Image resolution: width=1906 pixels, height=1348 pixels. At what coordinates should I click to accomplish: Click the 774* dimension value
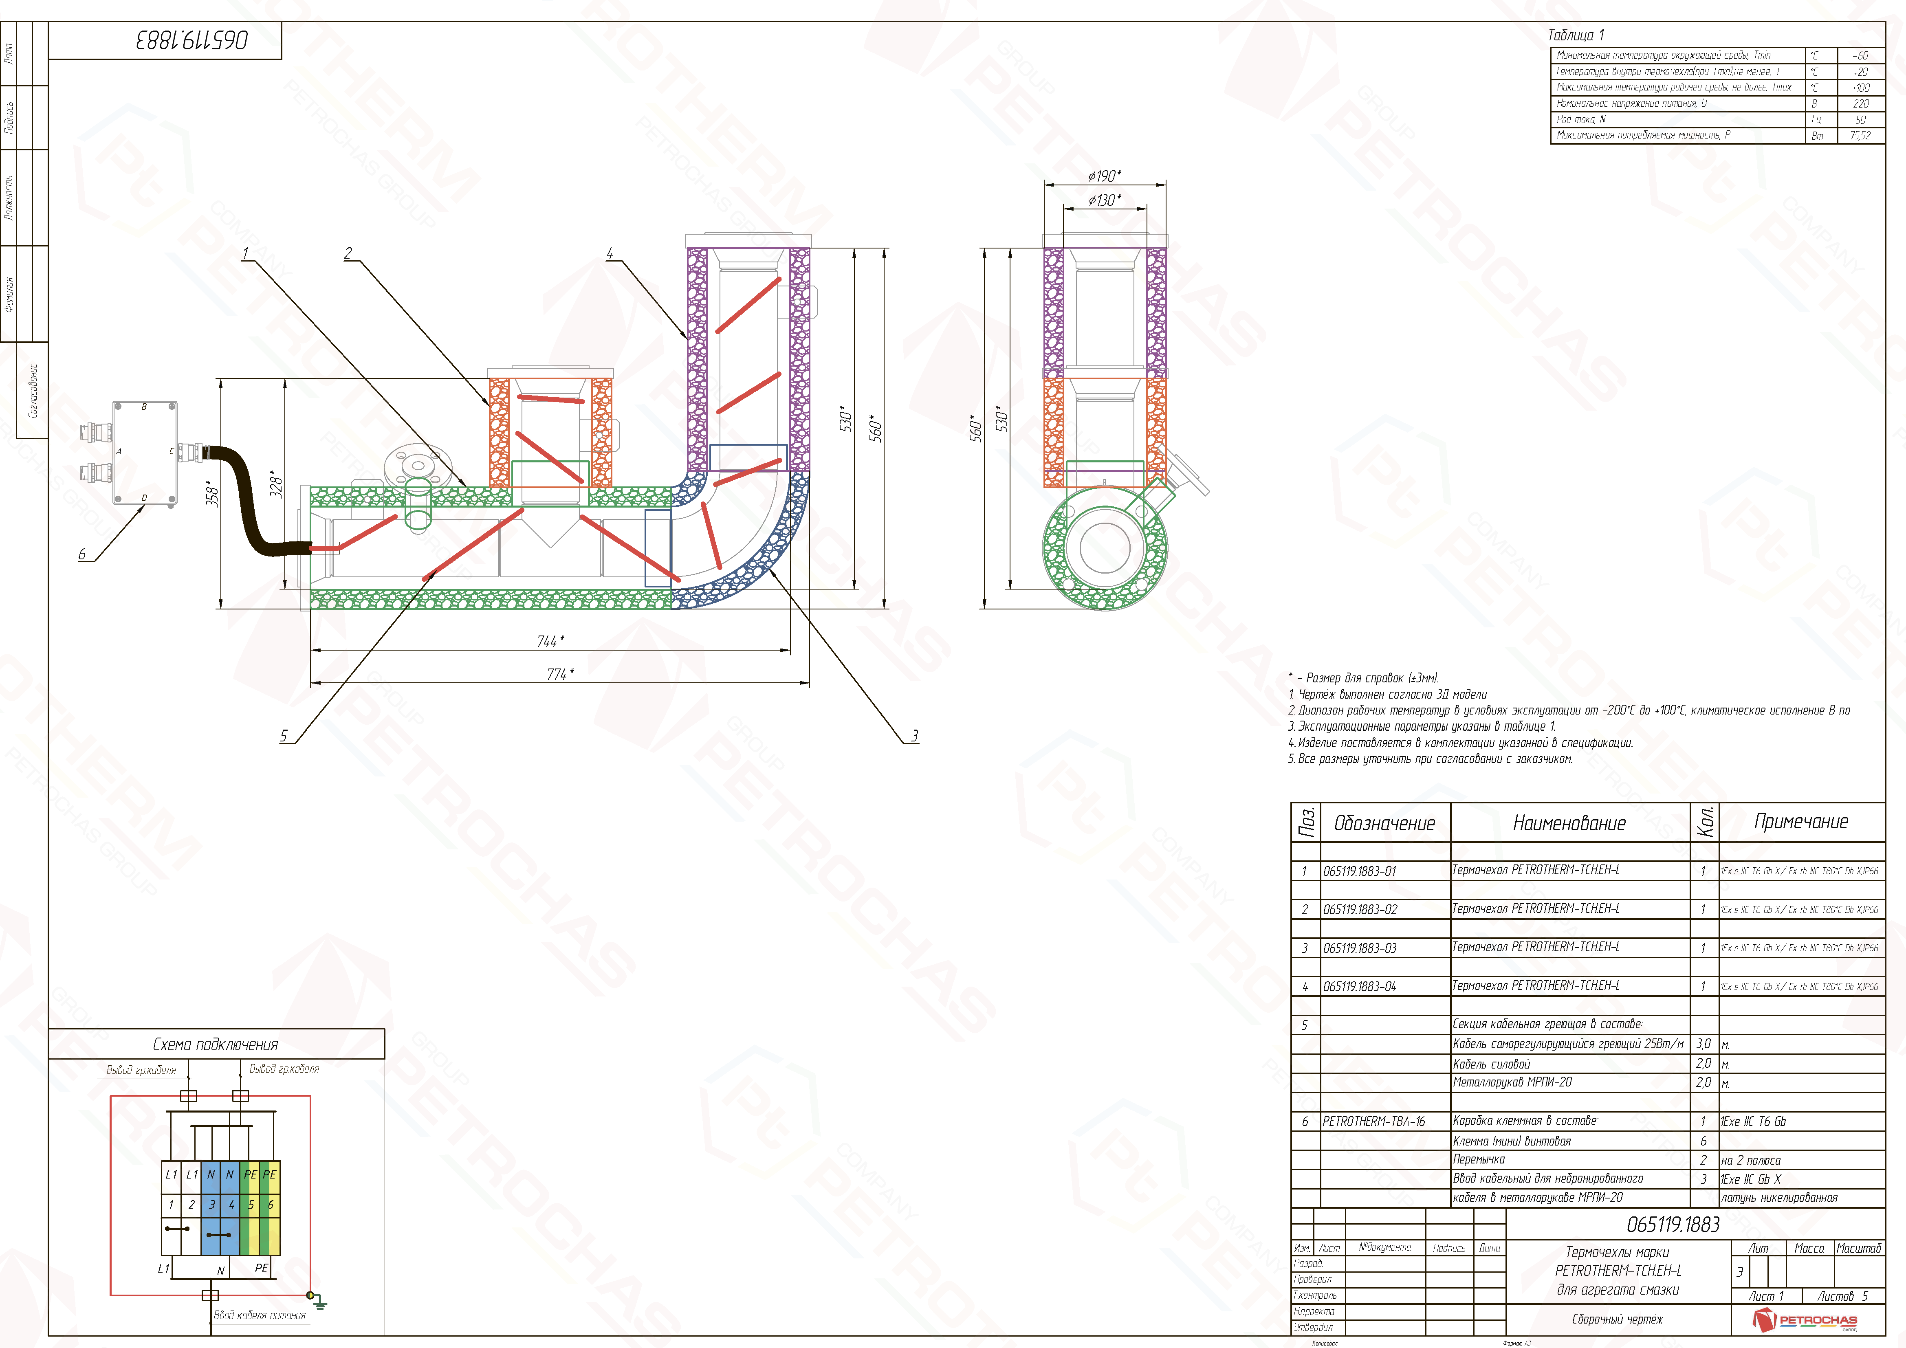559,674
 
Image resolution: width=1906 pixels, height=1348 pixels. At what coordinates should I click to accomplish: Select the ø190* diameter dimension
1104,176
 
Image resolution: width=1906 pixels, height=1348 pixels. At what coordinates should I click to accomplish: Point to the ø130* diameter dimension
1104,200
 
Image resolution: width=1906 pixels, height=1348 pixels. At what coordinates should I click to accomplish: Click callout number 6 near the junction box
82,554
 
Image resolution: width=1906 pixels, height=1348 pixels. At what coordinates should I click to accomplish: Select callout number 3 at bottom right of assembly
914,735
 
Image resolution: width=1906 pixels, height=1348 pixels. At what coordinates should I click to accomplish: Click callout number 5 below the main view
284,735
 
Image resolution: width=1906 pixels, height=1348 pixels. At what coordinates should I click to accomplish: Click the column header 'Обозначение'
1384,823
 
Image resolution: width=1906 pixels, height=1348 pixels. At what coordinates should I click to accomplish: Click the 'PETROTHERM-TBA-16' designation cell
1373,1122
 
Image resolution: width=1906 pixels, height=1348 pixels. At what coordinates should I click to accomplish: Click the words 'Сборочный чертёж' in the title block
1617,1319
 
